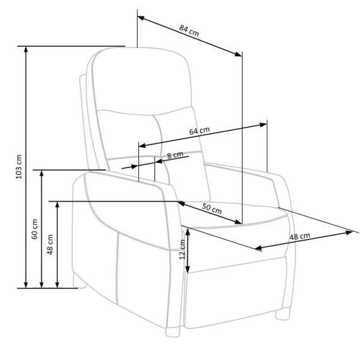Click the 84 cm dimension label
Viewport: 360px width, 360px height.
tap(189, 30)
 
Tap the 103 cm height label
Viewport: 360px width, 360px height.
tap(19, 167)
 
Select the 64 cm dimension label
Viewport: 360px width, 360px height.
tap(200, 131)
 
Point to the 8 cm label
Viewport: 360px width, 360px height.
tap(175, 155)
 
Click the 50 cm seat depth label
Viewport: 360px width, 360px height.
tap(212, 208)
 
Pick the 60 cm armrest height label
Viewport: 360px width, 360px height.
tap(35, 229)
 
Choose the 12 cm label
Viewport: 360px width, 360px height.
tap(183, 249)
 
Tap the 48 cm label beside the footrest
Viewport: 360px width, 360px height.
tap(299, 236)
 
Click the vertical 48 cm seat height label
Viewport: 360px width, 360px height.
tap(51, 244)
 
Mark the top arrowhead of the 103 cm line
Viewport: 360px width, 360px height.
tap(26, 50)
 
